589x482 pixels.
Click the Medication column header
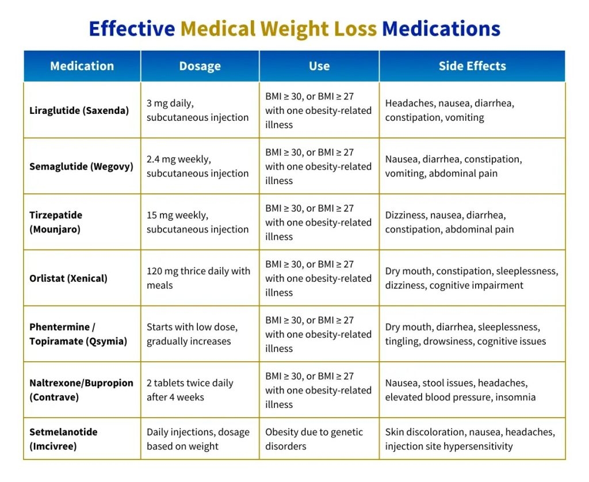(x=82, y=66)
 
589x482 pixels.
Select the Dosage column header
(x=200, y=66)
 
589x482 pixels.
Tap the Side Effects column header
(x=472, y=66)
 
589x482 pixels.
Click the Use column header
(x=319, y=66)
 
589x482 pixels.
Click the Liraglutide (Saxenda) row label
(x=79, y=110)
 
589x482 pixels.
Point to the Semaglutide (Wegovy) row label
(x=81, y=166)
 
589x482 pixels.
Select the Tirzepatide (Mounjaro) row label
(x=56, y=222)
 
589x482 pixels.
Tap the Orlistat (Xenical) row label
(x=68, y=278)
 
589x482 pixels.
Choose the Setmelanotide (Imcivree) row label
(x=63, y=439)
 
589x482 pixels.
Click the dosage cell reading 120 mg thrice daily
(x=198, y=278)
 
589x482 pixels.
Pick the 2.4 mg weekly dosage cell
(x=197, y=166)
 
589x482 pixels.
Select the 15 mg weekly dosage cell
(x=197, y=222)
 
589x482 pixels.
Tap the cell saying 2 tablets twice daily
(x=190, y=390)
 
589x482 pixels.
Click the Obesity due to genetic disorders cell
(x=314, y=439)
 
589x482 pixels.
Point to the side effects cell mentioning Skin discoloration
(x=469, y=439)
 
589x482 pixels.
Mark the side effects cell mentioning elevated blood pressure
(x=460, y=390)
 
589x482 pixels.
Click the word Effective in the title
(x=132, y=28)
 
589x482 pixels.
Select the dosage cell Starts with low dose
(x=192, y=334)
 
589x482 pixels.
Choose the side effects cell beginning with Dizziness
(x=449, y=222)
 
